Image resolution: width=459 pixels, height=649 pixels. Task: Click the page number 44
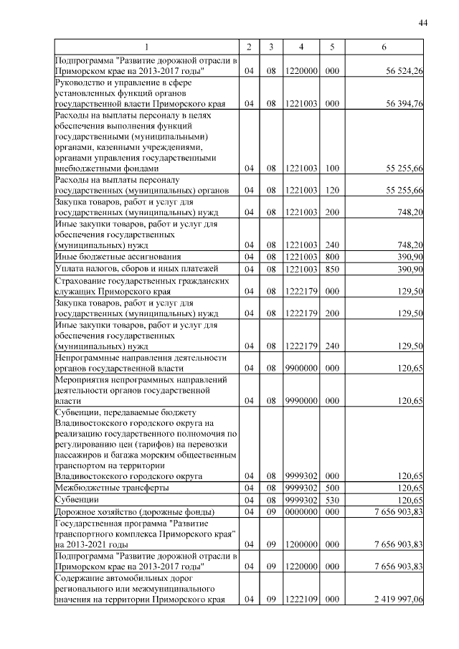coord(423,24)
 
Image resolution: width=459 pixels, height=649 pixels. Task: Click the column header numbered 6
coord(384,47)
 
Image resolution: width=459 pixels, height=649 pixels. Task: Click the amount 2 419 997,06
coord(394,599)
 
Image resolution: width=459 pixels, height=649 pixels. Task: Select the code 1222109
coord(302,599)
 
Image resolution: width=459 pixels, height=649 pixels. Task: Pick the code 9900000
coord(302,368)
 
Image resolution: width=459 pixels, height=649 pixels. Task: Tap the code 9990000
coord(302,401)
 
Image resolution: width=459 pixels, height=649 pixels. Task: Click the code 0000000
coord(302,512)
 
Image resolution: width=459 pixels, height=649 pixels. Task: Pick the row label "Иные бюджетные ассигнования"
coord(118,256)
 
